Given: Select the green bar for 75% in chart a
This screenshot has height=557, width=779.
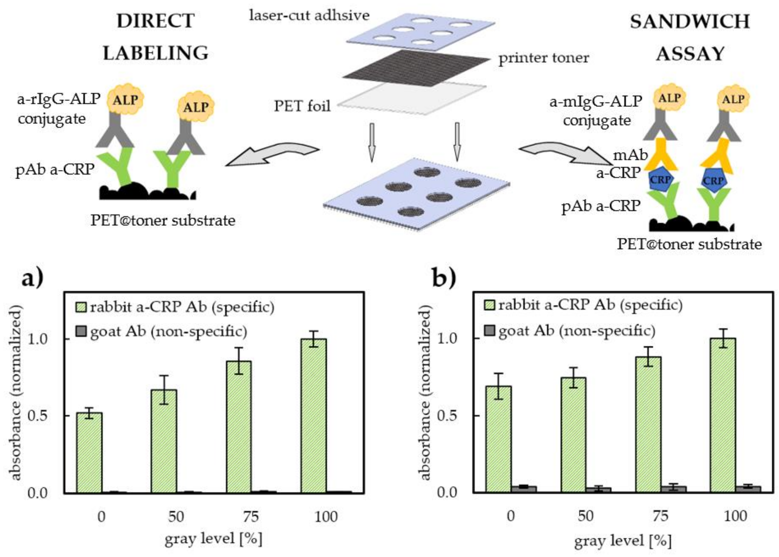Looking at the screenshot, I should pos(239,427).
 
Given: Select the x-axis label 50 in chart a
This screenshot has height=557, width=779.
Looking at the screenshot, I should pos(176,516).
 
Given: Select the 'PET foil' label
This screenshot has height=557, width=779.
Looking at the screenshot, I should pos(302,106).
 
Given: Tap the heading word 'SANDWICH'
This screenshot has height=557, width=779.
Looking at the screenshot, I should pos(690,22).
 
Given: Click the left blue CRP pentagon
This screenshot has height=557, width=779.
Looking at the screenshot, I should pos(660,180).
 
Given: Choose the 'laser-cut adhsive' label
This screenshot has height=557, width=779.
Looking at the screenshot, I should pos(309,16).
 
